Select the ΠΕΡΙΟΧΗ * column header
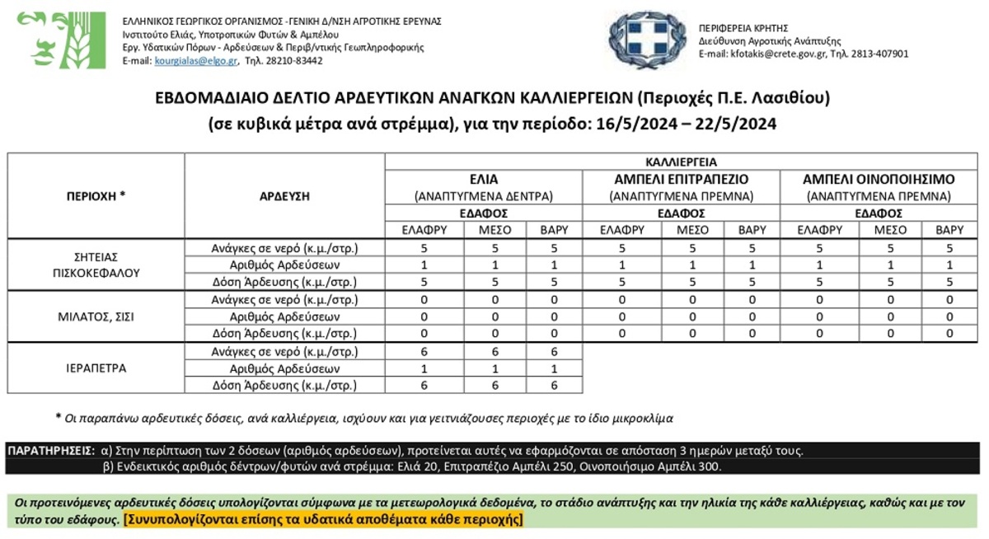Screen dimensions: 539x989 [x=96, y=196]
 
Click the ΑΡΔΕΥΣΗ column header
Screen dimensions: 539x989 [x=284, y=196]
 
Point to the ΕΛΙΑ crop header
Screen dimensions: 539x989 [x=483, y=179]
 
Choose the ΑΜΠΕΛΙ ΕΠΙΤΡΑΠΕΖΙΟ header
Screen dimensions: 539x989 [x=681, y=179]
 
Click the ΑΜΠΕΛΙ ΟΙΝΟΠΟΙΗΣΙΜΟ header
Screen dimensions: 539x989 [x=879, y=179]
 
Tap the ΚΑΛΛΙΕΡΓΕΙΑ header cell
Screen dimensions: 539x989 [x=681, y=162]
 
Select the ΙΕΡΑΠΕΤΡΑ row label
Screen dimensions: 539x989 [x=96, y=368]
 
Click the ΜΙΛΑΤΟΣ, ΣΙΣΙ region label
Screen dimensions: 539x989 [x=96, y=316]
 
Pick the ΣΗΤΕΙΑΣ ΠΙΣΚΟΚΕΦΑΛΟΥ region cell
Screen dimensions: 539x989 [x=96, y=265]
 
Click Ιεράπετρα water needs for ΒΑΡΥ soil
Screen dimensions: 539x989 [x=553, y=351]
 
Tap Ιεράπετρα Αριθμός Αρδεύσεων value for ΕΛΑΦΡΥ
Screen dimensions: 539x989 [x=424, y=368]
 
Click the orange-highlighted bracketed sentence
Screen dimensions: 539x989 [x=323, y=520]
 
